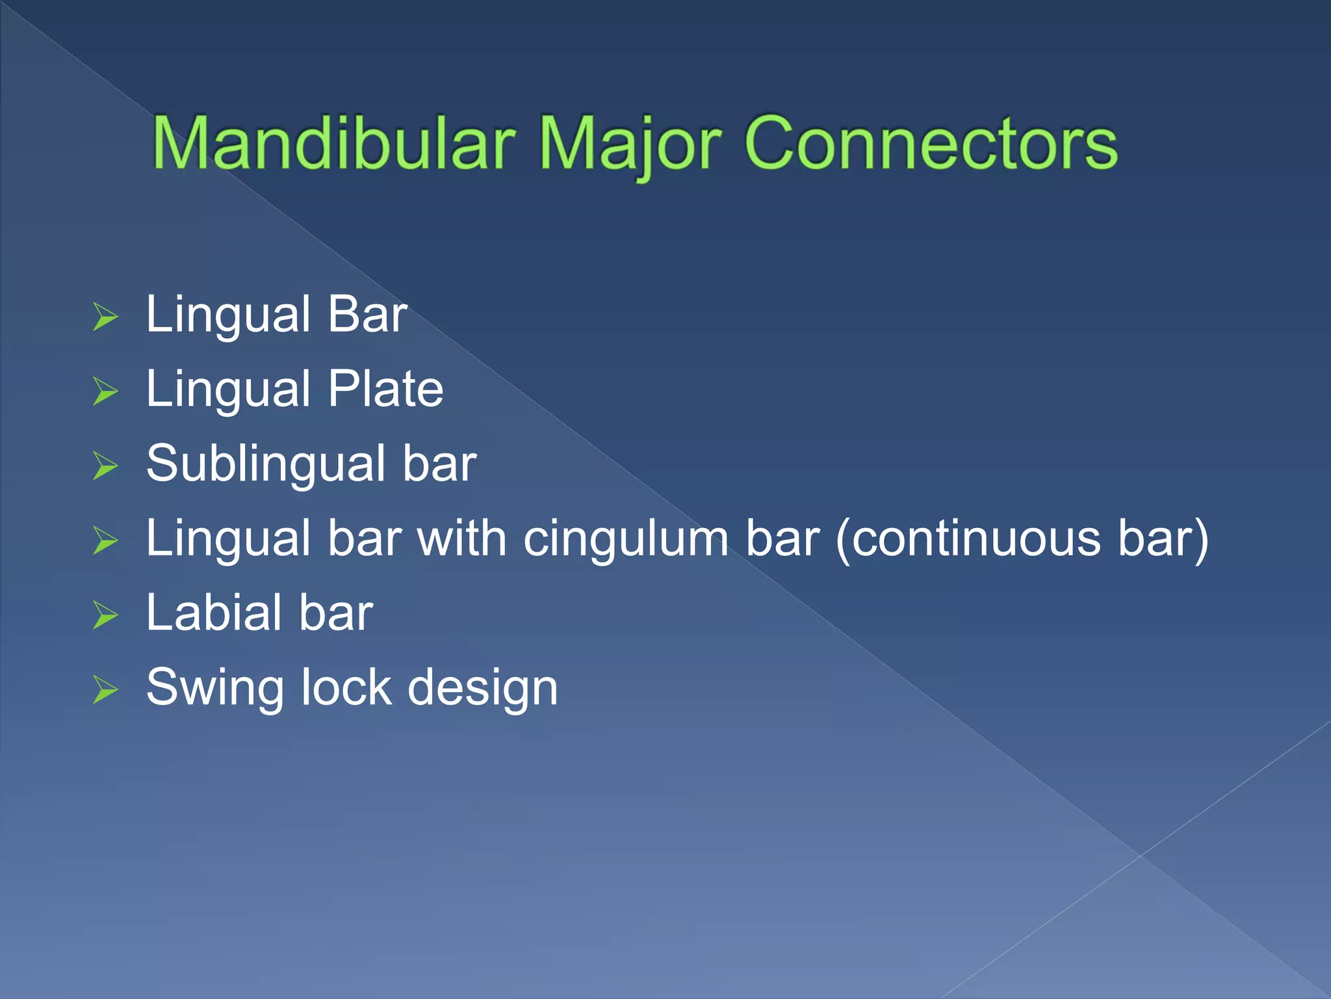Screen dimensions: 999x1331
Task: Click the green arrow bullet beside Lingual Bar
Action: click(x=105, y=317)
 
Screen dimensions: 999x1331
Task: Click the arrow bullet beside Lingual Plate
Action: click(x=105, y=392)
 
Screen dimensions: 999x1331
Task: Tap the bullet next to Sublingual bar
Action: click(x=105, y=466)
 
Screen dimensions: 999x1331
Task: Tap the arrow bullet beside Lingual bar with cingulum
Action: click(x=105, y=541)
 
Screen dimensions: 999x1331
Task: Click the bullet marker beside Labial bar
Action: click(x=105, y=615)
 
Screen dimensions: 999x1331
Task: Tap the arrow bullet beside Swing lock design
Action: click(x=105, y=690)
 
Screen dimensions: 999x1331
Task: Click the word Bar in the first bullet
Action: click(x=367, y=315)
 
